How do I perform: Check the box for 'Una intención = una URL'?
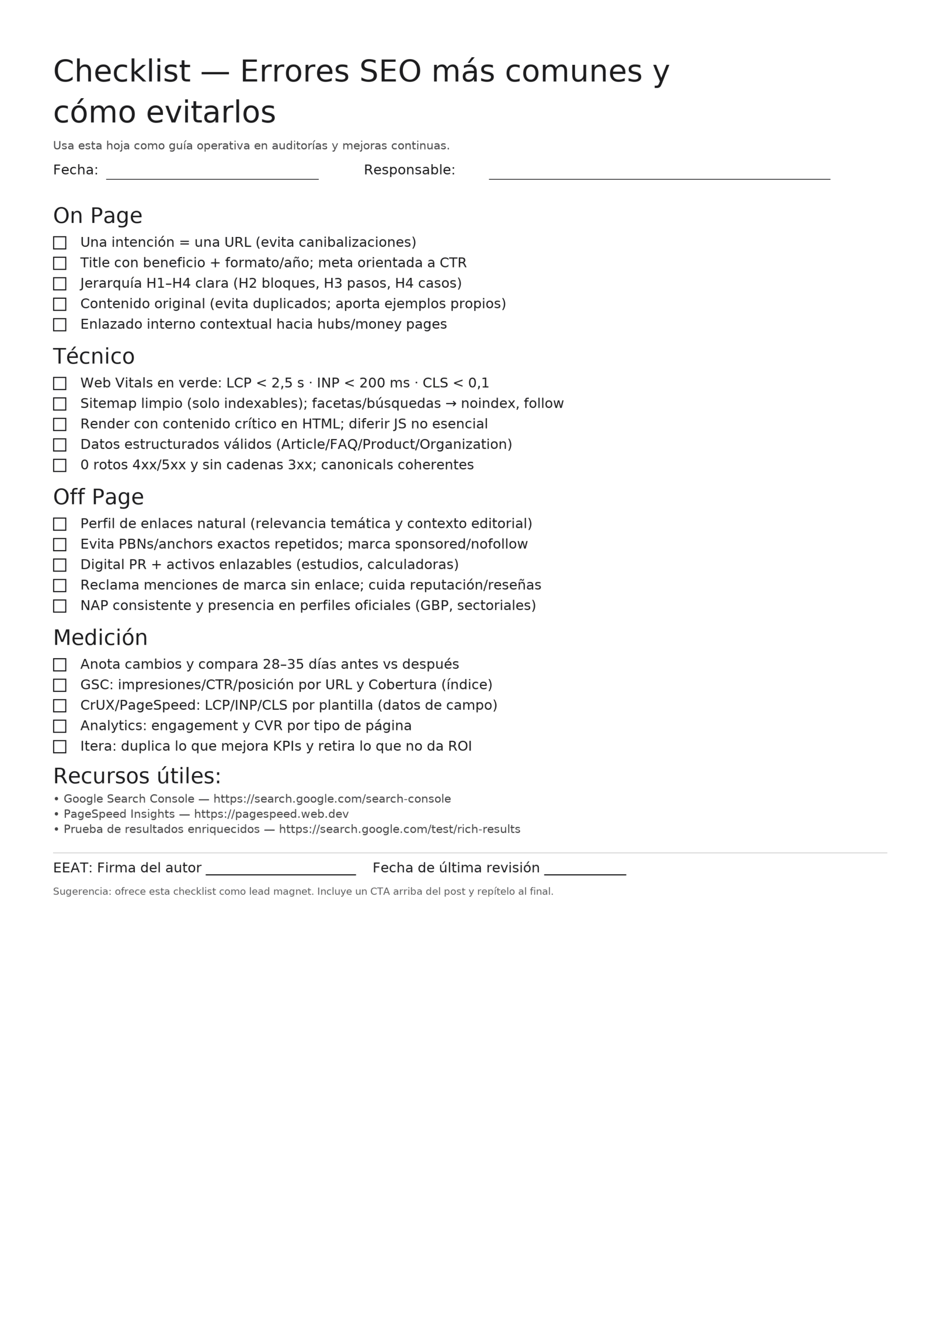pos(60,243)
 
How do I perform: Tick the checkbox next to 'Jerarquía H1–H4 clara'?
pos(60,284)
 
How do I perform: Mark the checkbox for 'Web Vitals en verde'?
pos(60,383)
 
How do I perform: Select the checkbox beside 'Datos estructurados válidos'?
pos(60,445)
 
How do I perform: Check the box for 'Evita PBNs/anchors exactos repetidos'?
pos(60,544)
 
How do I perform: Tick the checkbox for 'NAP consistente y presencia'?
pos(60,606)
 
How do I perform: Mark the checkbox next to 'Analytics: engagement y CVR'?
pos(60,726)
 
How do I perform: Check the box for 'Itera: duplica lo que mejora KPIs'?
pos(60,747)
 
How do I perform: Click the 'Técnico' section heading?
pos(94,357)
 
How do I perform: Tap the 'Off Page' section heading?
pos(99,498)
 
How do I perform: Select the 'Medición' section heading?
pos(100,639)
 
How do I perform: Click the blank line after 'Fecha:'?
pos(212,176)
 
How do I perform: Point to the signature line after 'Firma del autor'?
pos(281,871)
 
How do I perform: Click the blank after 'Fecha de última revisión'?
pos(585,871)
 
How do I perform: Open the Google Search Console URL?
pos(332,800)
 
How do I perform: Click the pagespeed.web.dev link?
pos(271,815)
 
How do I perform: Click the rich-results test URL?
pos(400,830)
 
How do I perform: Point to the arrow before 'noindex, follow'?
pos(451,404)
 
